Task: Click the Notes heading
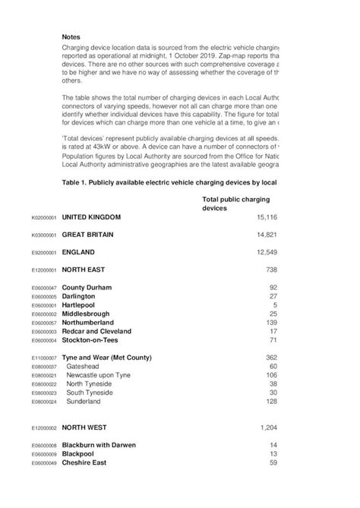click(72, 36)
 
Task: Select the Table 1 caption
click(169, 182)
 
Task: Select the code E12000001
click(44, 270)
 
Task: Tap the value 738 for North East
click(269, 270)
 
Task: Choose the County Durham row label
click(87, 288)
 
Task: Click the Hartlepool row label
click(80, 304)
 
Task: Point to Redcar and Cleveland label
click(96, 331)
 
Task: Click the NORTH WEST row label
click(84, 428)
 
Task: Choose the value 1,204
click(267, 428)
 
